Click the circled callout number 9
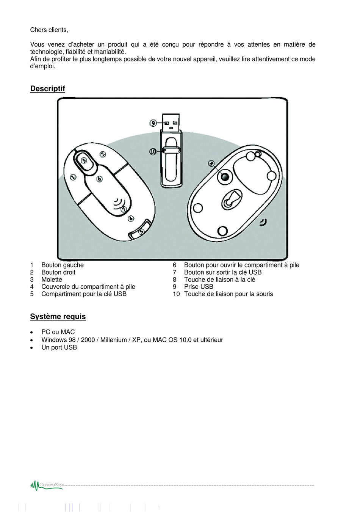(x=153, y=123)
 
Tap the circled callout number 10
(x=153, y=151)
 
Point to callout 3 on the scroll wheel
(x=84, y=160)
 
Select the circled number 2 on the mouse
(x=103, y=154)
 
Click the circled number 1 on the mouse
(x=73, y=177)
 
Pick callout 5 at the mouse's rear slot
(x=141, y=231)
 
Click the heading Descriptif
(x=48, y=89)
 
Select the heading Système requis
(x=58, y=317)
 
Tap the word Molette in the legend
(x=52, y=280)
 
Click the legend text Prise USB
(x=199, y=287)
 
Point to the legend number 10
(x=176, y=294)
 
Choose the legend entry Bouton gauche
(x=63, y=265)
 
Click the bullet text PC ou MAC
(x=58, y=332)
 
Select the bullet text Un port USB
(x=59, y=347)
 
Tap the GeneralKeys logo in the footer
(x=47, y=485)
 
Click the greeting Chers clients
(x=49, y=30)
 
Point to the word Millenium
(x=113, y=340)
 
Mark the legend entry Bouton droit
(x=58, y=272)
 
